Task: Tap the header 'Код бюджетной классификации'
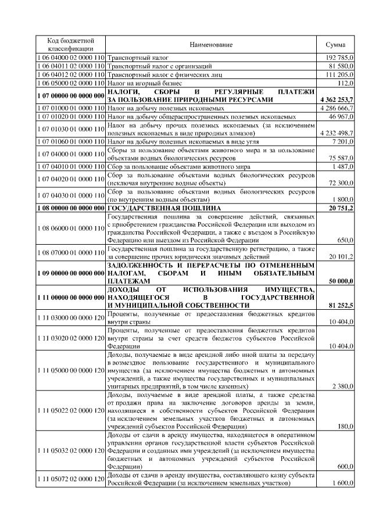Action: click(70, 45)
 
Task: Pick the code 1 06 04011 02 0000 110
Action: click(70, 67)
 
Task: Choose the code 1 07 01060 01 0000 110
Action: click(70, 141)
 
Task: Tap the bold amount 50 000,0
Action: click(341, 281)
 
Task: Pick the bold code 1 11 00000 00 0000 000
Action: click(70, 297)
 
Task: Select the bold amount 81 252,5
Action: click(341, 305)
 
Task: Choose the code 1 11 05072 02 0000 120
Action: click(70, 479)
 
